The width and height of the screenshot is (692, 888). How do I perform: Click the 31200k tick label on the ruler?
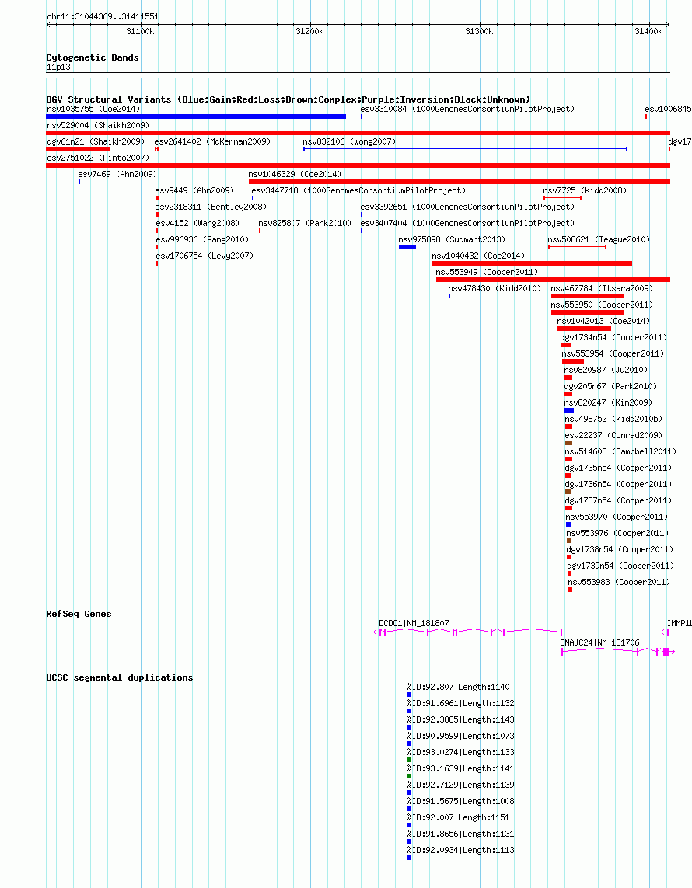point(309,32)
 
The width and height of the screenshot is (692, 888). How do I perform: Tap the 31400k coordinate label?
point(648,32)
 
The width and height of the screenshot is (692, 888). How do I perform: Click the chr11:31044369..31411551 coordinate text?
point(103,17)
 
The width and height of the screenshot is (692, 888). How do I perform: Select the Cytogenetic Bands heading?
point(93,57)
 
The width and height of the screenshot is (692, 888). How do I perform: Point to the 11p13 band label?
point(58,68)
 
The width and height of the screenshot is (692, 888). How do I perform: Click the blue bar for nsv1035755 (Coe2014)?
point(196,117)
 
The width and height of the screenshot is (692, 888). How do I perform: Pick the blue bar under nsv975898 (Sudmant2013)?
point(407,247)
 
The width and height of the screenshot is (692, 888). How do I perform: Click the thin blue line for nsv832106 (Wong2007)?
point(465,149)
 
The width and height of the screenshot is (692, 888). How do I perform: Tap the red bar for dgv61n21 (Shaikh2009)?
point(79,149)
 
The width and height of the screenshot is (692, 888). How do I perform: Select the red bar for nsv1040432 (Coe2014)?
point(532,263)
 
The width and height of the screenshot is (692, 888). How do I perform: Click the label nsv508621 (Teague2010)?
point(599,239)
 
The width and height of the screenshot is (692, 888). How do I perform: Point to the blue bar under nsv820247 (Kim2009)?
point(569,410)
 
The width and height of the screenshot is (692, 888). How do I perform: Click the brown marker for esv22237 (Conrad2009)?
point(568,443)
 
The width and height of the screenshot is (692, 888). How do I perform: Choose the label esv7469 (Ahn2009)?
point(117,175)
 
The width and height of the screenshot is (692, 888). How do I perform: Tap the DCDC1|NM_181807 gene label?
point(414,624)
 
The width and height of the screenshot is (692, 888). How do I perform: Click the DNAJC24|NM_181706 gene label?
point(599,642)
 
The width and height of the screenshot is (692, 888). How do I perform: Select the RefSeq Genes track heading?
point(79,614)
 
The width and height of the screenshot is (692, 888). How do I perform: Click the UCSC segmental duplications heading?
point(120,678)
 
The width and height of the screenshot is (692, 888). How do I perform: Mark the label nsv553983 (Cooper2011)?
point(619,582)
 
